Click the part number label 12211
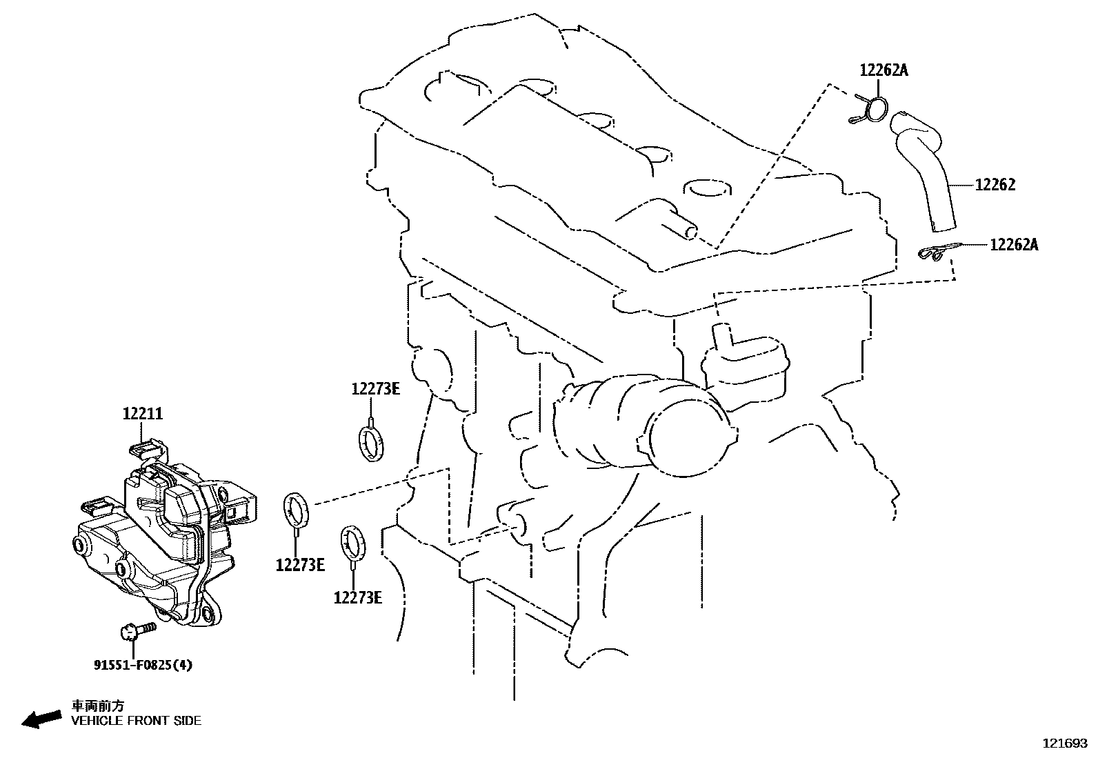[x=143, y=414]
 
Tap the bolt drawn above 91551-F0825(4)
[x=137, y=630]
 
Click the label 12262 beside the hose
[x=995, y=185]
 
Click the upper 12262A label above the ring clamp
[x=884, y=70]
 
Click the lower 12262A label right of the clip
[x=1013, y=244]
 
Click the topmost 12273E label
[x=375, y=389]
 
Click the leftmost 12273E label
[x=300, y=566]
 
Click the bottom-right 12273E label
[x=357, y=597]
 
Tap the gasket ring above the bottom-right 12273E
[x=353, y=541]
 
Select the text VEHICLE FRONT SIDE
[x=137, y=721]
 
